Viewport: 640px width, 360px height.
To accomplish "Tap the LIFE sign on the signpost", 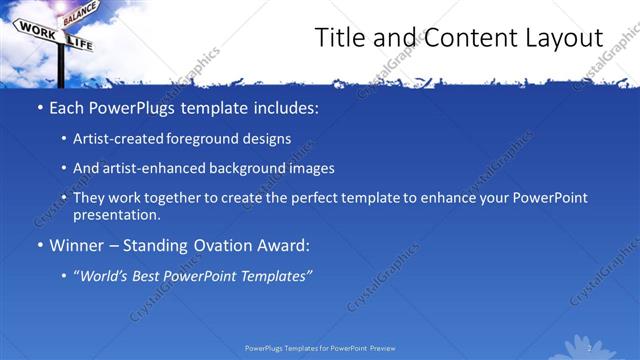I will [x=79, y=43].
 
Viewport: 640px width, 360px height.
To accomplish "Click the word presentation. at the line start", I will [x=116, y=214].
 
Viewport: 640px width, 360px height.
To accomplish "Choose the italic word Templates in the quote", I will [x=276, y=274].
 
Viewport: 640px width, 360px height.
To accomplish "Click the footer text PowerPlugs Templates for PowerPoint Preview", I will [x=320, y=348].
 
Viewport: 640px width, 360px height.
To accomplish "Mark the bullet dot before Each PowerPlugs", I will [x=39, y=107].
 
